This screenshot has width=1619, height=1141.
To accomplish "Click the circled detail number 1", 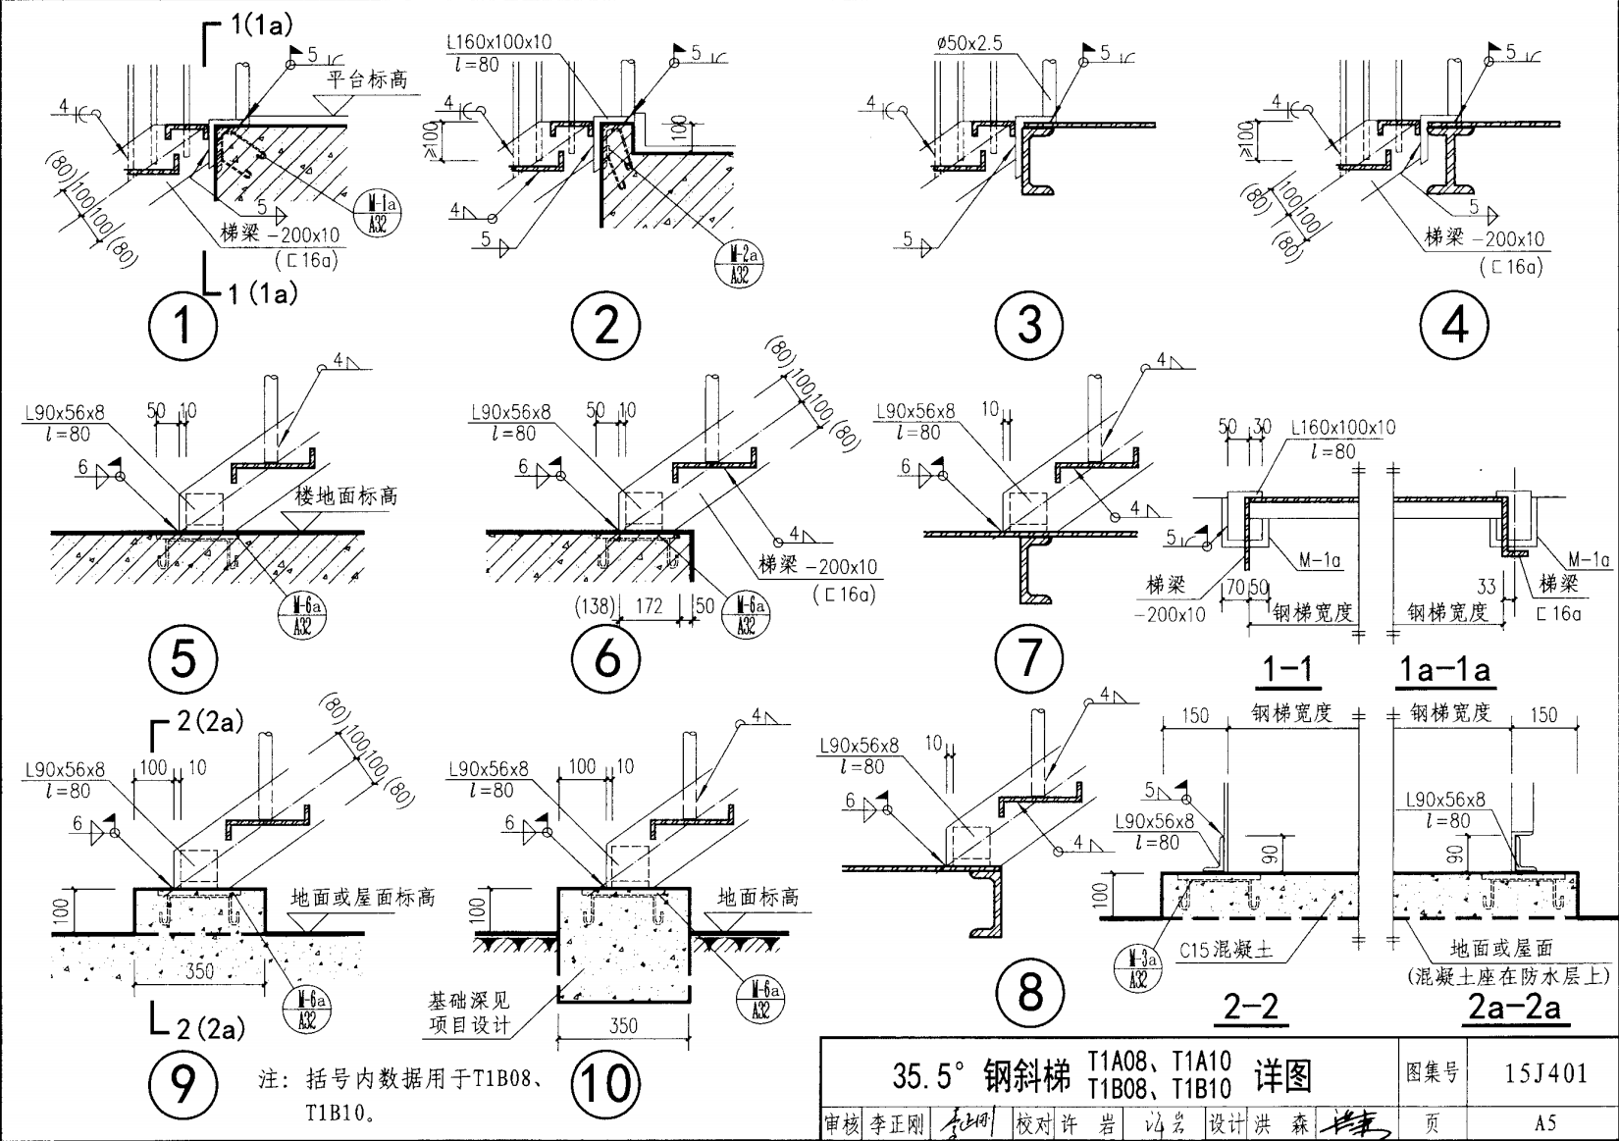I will pyautogui.click(x=183, y=326).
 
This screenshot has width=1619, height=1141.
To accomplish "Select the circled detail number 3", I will pyautogui.click(x=1029, y=324).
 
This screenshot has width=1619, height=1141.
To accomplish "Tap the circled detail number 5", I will pyautogui.click(x=183, y=657).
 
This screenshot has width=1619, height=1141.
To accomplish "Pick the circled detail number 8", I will pyautogui.click(x=1029, y=992).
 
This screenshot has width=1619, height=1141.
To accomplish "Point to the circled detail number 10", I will pyautogui.click(x=605, y=1083).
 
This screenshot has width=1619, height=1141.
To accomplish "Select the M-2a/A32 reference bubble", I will pyautogui.click(x=740, y=264).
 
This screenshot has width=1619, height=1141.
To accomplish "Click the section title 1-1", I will pyautogui.click(x=1287, y=669).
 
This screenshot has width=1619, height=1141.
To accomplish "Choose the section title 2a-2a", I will pyautogui.click(x=1514, y=1007).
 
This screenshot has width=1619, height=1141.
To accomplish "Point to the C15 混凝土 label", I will pyautogui.click(x=1227, y=950).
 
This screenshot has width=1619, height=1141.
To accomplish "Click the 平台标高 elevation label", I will pyautogui.click(x=368, y=79).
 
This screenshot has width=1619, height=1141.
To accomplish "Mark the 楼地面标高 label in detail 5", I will pyautogui.click(x=346, y=496).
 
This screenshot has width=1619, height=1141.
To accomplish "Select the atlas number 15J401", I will pyautogui.click(x=1545, y=1072).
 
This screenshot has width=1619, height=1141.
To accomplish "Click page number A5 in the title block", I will pyautogui.click(x=1545, y=1122).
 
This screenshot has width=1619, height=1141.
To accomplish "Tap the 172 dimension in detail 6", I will pyautogui.click(x=650, y=606).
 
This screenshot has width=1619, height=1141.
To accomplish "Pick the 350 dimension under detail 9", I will pyautogui.click(x=199, y=970).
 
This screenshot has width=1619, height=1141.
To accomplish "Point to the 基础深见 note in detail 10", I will pyautogui.click(x=468, y=1001).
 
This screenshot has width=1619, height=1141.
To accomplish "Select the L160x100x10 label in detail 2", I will pyautogui.click(x=498, y=42).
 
